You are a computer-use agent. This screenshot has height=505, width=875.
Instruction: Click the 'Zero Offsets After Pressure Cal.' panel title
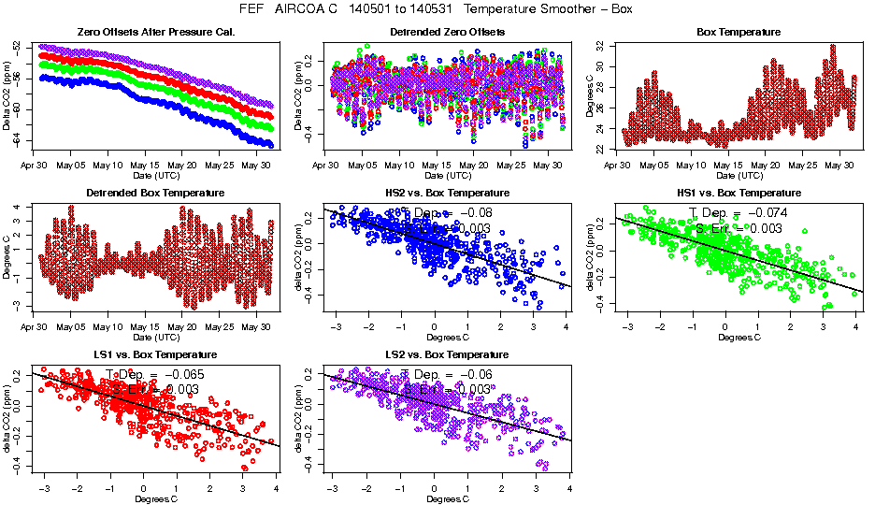(x=156, y=32)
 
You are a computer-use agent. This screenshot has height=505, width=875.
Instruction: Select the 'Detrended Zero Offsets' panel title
(x=448, y=32)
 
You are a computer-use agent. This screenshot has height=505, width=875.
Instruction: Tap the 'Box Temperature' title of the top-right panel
(x=739, y=32)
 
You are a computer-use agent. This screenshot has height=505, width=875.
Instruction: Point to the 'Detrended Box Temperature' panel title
(x=156, y=193)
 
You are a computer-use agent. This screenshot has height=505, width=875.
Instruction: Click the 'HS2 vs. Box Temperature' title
(x=448, y=193)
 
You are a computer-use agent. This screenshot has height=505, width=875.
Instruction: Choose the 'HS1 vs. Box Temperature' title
(x=739, y=193)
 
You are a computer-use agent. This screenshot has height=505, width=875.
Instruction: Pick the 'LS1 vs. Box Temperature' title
(x=156, y=354)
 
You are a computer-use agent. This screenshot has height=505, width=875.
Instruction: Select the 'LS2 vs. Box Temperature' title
(x=448, y=354)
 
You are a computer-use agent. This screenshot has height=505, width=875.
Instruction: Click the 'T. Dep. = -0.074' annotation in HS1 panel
(x=739, y=212)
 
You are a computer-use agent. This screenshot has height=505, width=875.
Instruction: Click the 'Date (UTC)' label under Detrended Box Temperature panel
(x=156, y=337)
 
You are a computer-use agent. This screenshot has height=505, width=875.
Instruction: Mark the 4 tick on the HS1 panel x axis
(x=856, y=327)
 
